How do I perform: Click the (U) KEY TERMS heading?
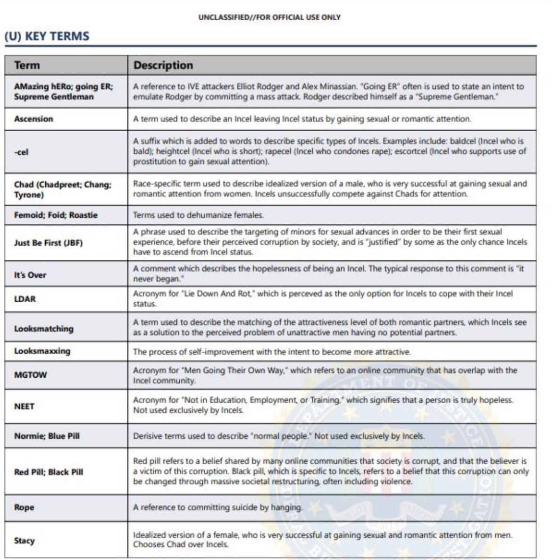click(x=47, y=36)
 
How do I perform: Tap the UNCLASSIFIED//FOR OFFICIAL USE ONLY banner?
click(x=269, y=17)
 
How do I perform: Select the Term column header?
click(x=27, y=65)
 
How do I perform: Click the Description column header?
click(x=163, y=65)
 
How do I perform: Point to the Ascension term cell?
click(x=33, y=119)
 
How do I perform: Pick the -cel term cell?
click(x=21, y=152)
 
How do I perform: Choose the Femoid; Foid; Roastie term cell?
click(x=56, y=215)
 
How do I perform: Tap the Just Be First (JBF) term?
click(x=48, y=243)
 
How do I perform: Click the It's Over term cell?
click(x=30, y=275)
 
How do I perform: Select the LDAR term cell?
click(x=25, y=299)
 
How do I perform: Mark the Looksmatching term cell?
click(x=44, y=328)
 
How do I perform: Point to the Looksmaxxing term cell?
click(x=42, y=351)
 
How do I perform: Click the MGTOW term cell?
click(x=31, y=375)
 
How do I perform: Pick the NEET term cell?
click(x=24, y=406)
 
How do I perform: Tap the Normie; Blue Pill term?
click(x=47, y=436)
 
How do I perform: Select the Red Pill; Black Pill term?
click(x=49, y=472)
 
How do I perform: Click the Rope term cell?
click(x=24, y=508)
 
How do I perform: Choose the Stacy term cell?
click(x=24, y=540)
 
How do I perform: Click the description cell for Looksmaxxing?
click(x=272, y=352)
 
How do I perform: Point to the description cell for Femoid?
click(x=198, y=215)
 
